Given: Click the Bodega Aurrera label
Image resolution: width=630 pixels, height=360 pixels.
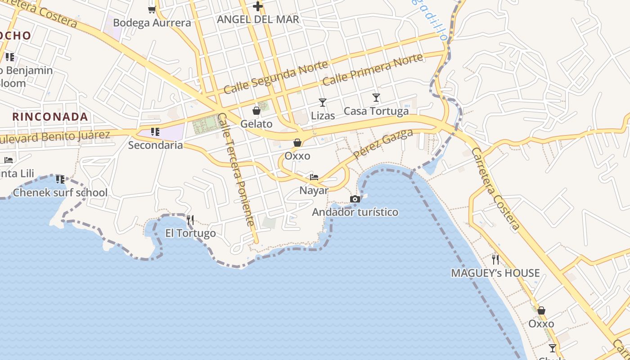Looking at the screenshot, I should (x=152, y=22).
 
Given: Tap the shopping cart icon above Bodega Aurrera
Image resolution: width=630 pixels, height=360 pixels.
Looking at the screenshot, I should (x=152, y=9).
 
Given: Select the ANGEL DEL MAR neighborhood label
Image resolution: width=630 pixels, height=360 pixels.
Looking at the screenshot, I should (x=258, y=19).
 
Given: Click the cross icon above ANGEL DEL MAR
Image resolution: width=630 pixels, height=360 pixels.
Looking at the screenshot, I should (x=257, y=6).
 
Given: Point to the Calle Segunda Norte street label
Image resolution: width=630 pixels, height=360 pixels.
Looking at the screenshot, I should (x=276, y=77).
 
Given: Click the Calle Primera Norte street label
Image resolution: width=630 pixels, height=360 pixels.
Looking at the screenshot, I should (x=373, y=69).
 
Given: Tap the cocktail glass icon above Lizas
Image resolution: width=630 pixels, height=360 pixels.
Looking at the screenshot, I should (x=323, y=103).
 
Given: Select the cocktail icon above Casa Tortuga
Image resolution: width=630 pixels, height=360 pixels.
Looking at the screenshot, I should (x=376, y=98).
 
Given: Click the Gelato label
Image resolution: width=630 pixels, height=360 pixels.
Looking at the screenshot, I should (x=256, y=124).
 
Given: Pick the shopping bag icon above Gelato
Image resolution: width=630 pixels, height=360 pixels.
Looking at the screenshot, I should (x=256, y=111).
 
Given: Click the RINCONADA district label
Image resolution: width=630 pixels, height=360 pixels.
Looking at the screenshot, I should (x=50, y=117).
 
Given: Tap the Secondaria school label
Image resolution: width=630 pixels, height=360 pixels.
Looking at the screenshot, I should (x=155, y=145).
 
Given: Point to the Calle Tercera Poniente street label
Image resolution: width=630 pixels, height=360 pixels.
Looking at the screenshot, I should (x=236, y=169).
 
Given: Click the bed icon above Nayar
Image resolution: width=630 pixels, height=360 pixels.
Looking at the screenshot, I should (x=314, y=177).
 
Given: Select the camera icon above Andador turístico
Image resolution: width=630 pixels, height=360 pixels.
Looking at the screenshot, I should (x=355, y=199).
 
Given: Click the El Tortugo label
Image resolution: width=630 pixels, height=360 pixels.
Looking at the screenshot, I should (x=190, y=233).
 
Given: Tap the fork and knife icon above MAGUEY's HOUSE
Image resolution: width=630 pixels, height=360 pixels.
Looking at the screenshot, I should (x=495, y=259).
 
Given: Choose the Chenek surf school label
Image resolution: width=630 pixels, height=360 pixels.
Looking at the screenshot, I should (x=60, y=193).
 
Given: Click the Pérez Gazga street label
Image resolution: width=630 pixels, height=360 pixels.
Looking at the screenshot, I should (x=383, y=144).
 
